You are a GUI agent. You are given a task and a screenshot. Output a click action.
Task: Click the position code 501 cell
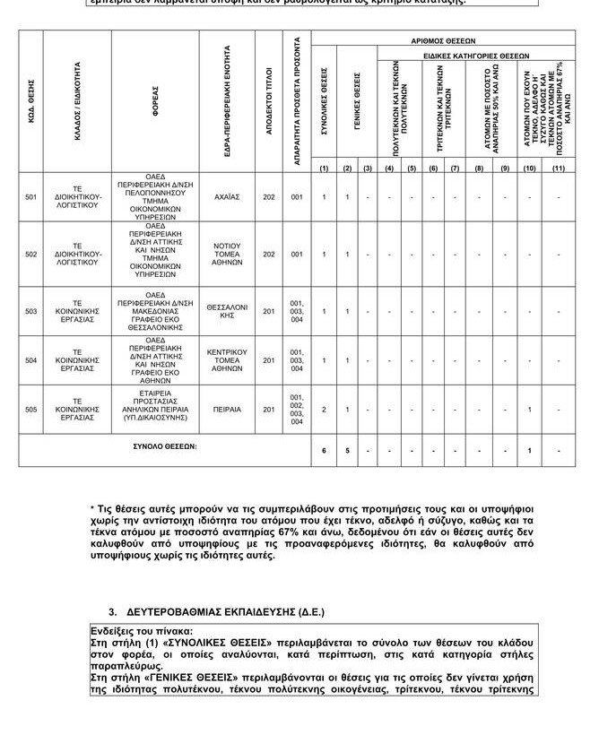(x=31, y=197)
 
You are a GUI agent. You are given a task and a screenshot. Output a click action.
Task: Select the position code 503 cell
(x=31, y=312)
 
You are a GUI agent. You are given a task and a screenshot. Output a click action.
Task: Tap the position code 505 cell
(x=31, y=410)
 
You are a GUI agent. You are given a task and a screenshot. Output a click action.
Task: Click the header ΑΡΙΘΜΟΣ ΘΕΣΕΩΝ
(x=443, y=41)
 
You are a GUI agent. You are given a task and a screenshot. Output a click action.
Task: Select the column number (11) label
(x=559, y=168)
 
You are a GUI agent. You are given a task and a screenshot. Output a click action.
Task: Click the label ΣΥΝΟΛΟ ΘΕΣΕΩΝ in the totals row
(x=159, y=445)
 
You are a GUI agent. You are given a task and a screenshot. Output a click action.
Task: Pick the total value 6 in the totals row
(x=325, y=451)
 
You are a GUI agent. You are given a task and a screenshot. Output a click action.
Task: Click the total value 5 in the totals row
(x=347, y=451)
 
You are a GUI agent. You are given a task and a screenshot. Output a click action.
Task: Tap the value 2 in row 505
(x=325, y=410)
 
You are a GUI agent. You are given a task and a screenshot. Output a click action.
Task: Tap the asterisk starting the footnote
(x=92, y=510)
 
